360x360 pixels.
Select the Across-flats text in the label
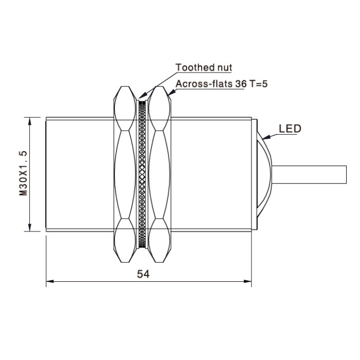coord(204,84)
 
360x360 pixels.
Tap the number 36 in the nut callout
coord(241,84)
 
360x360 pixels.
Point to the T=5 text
coord(259,84)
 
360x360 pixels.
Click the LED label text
coord(290,129)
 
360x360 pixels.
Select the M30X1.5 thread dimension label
coord(23,173)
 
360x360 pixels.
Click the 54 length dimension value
coord(143,274)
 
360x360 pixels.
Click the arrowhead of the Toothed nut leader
coord(143,95)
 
